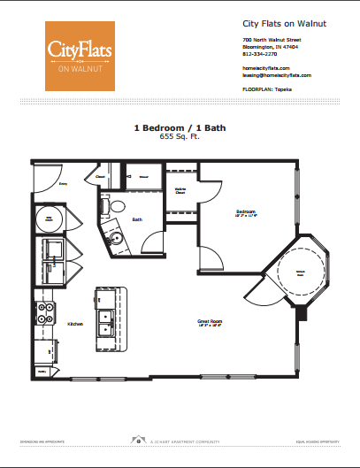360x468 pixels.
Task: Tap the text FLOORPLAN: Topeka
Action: point(268,90)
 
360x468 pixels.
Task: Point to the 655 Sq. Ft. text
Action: point(180,137)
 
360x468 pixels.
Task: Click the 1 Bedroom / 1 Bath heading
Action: point(180,128)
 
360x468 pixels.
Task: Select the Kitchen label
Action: point(75,325)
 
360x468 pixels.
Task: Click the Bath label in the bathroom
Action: point(138,219)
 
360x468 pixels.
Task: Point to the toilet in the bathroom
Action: point(114,205)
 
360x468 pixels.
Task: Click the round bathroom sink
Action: point(115,238)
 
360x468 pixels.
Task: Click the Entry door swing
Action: point(44,180)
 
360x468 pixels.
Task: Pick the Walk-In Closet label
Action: point(180,190)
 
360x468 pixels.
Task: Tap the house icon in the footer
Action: point(137,439)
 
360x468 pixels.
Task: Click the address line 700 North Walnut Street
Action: point(272,40)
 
